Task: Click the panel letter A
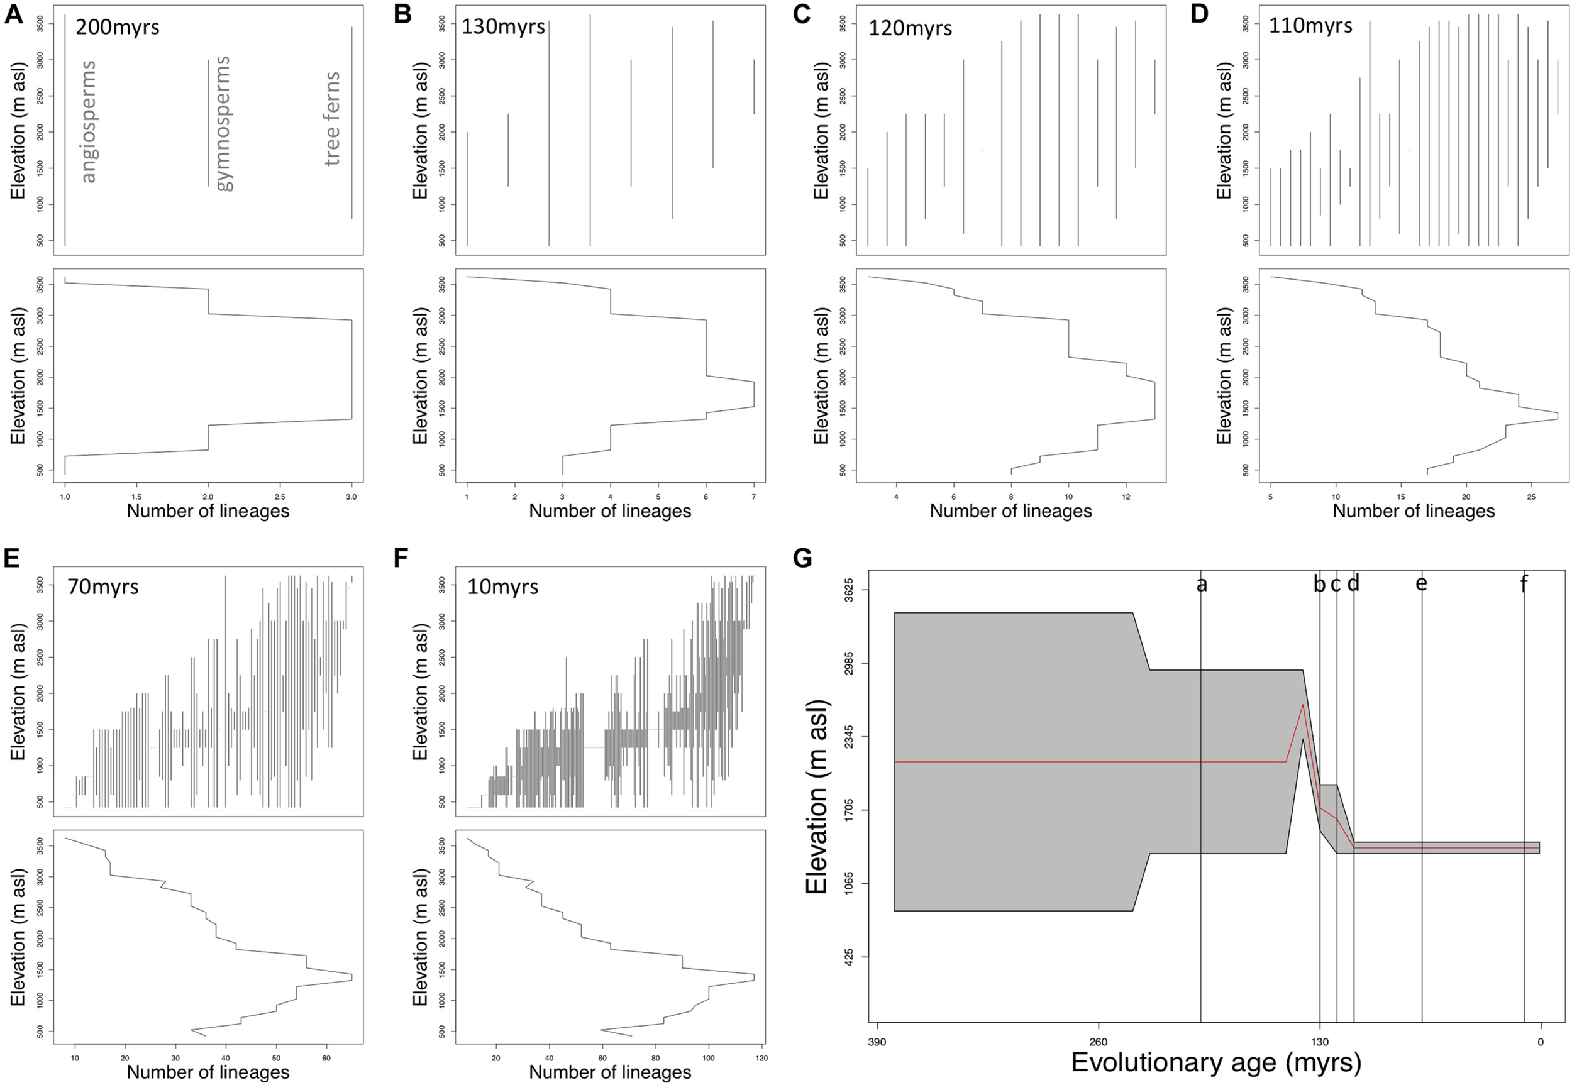click(x=14, y=14)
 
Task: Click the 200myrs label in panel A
click(x=117, y=27)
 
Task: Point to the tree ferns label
click(x=331, y=118)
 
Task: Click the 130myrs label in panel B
click(x=503, y=27)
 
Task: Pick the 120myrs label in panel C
click(x=910, y=28)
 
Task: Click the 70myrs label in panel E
click(x=102, y=586)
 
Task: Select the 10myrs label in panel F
click(x=502, y=586)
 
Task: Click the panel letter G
click(x=802, y=559)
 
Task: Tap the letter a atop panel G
click(x=1202, y=584)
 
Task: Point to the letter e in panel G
click(x=1421, y=584)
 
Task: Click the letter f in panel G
click(x=1524, y=583)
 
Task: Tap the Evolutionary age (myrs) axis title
click(x=1215, y=1062)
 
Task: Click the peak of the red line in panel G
click(x=1303, y=705)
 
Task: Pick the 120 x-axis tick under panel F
click(x=761, y=1059)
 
